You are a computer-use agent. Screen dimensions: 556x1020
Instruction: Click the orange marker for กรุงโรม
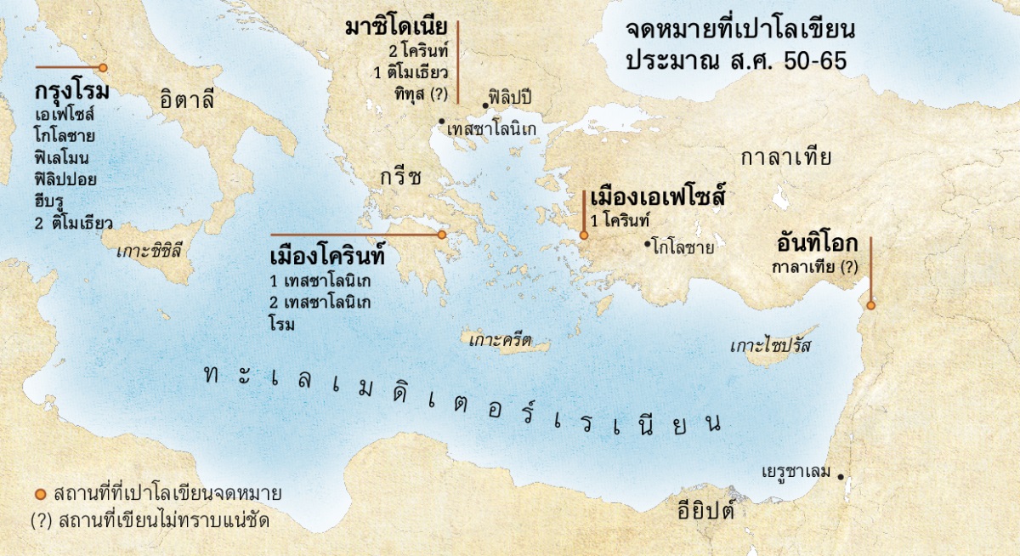(x=103, y=67)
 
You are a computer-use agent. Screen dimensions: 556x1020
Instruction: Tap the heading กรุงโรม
(x=73, y=91)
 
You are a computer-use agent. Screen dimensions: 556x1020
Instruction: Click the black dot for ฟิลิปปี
(x=484, y=105)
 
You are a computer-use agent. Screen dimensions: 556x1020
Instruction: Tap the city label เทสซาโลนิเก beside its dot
(x=493, y=129)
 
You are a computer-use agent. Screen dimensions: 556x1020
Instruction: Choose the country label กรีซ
(x=401, y=178)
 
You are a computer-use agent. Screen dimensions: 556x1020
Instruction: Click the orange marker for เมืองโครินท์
(x=441, y=235)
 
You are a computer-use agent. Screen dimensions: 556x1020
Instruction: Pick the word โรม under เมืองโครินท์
(x=281, y=324)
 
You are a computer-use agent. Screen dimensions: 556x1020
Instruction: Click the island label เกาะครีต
(x=500, y=341)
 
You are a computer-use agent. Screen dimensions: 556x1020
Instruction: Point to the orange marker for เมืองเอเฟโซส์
(x=583, y=235)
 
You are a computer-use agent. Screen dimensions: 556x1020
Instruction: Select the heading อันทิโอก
(x=817, y=244)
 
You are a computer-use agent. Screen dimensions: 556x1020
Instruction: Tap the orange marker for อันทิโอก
(x=870, y=304)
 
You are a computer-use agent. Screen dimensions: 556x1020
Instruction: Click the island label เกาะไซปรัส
(x=772, y=346)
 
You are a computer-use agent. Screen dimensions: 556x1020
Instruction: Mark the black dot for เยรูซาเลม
(x=841, y=475)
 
